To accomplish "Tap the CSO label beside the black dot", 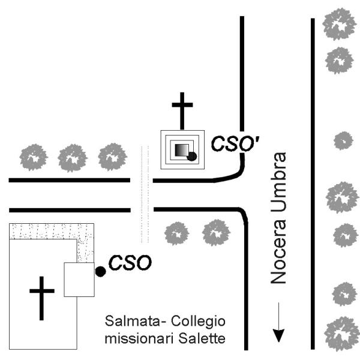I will tap(128, 263).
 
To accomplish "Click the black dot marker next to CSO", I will tap(100, 272).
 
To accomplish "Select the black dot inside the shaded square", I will tap(192, 157).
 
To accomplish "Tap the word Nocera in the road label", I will tap(277, 254).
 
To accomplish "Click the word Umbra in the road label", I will tap(277, 186).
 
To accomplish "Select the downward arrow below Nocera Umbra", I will tap(278, 325).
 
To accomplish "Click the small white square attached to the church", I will tap(79, 280).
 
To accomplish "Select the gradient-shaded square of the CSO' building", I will tap(181, 150).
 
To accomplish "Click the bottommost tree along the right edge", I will tap(340, 332).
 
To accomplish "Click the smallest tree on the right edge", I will tap(343, 140).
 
